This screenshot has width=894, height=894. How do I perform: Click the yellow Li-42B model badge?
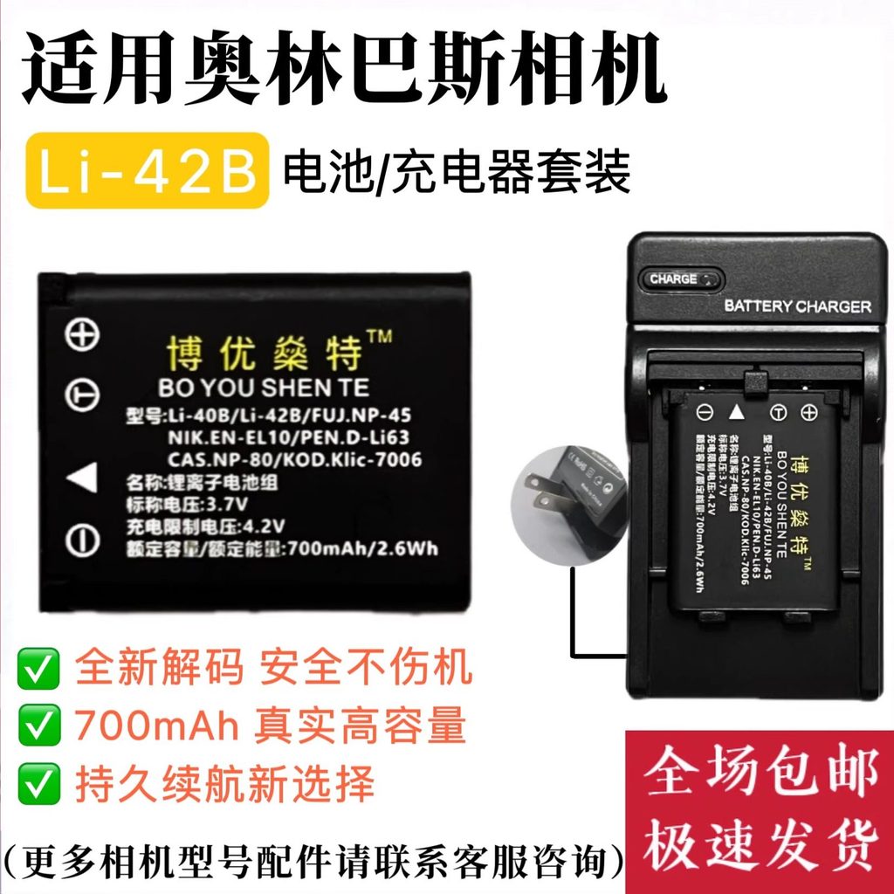pos(147,170)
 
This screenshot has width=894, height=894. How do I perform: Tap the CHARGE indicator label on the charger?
pos(673,279)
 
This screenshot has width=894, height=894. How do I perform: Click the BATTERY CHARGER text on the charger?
pos(797,306)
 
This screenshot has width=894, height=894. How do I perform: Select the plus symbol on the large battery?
pos(83,335)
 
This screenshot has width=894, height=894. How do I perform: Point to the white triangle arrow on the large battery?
pos(82,478)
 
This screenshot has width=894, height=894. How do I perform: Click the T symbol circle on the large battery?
pos(83,397)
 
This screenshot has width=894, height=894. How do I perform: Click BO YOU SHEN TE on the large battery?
pos(264,388)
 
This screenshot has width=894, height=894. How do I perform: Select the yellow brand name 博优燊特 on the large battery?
pos(264,353)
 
